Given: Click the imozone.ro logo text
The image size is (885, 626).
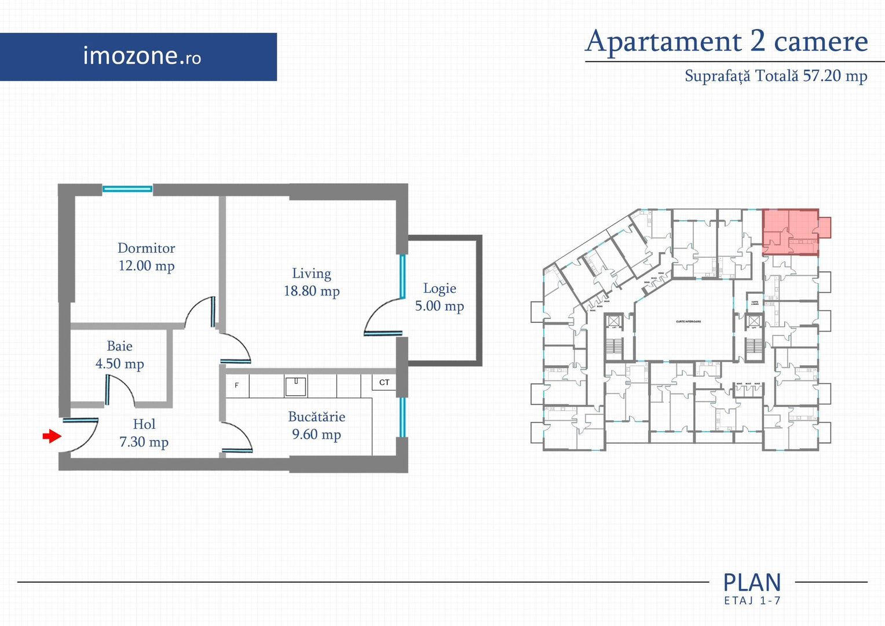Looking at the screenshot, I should pyautogui.click(x=142, y=56).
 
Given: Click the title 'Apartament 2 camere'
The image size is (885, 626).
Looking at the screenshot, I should pyautogui.click(x=726, y=42).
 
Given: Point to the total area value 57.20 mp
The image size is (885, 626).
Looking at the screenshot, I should pyautogui.click(x=835, y=76).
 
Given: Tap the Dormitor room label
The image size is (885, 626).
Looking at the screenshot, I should pyautogui.click(x=146, y=248).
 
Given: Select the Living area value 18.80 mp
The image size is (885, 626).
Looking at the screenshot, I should pyautogui.click(x=312, y=291).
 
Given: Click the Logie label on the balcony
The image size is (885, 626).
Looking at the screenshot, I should pyautogui.click(x=440, y=288).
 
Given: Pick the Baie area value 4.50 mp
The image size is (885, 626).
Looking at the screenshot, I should pyautogui.click(x=120, y=364).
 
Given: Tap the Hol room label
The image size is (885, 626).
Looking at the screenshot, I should pyautogui.click(x=144, y=424).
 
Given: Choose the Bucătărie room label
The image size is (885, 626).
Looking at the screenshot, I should pyautogui.click(x=316, y=417).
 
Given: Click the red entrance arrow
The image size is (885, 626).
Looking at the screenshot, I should pyautogui.click(x=52, y=436).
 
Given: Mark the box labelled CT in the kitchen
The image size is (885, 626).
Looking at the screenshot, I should pyautogui.click(x=384, y=383).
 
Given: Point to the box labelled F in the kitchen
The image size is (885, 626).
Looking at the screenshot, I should pyautogui.click(x=237, y=385).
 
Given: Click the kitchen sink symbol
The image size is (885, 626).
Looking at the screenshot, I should pyautogui.click(x=295, y=385).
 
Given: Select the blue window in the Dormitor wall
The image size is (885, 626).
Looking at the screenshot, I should pyautogui.click(x=127, y=188).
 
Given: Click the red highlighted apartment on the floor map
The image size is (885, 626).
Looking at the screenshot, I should pyautogui.click(x=791, y=232).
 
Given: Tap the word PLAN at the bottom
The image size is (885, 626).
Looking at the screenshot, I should pyautogui.click(x=752, y=582).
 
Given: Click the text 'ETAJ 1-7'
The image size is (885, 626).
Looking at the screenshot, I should pyautogui.click(x=752, y=601).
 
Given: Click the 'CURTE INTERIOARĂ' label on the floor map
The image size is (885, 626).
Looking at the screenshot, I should pyautogui.click(x=688, y=322).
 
